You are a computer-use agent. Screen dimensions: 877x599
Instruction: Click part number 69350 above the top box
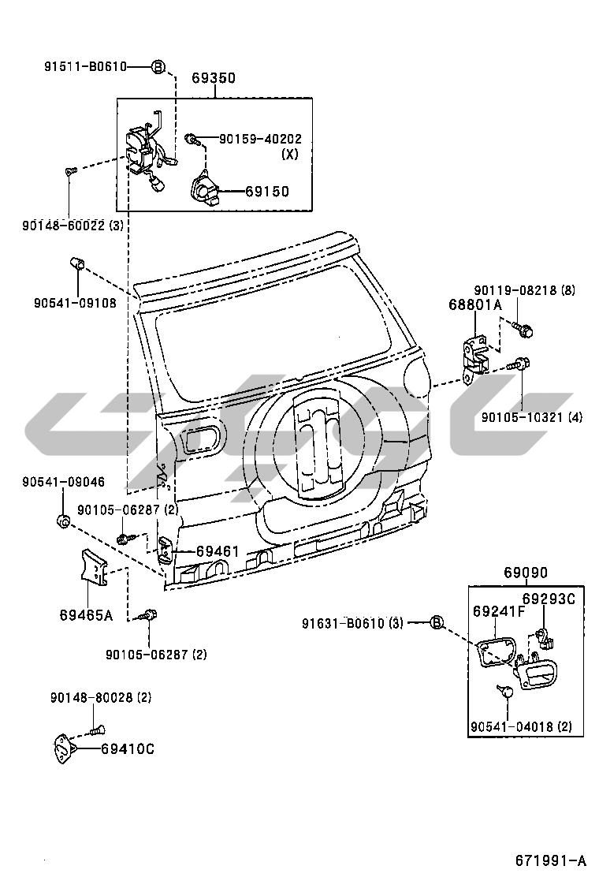click(x=214, y=79)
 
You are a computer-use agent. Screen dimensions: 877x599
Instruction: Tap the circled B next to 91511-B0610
click(x=158, y=67)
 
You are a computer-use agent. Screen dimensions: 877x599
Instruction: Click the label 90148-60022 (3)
click(x=73, y=226)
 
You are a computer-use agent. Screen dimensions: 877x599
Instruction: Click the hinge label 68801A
click(x=475, y=304)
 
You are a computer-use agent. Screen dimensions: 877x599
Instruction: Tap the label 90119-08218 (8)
click(x=525, y=290)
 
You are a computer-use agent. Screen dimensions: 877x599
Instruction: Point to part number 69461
click(x=217, y=552)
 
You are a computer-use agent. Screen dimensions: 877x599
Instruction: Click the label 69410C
click(x=128, y=748)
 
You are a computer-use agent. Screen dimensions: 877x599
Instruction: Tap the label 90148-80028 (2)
click(x=101, y=697)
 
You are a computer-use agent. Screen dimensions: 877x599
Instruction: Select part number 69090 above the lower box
click(x=526, y=573)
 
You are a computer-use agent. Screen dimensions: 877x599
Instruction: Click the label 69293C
click(x=549, y=599)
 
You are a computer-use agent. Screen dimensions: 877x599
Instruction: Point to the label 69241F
click(x=499, y=611)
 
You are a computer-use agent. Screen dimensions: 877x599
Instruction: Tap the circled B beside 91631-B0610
click(x=437, y=623)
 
